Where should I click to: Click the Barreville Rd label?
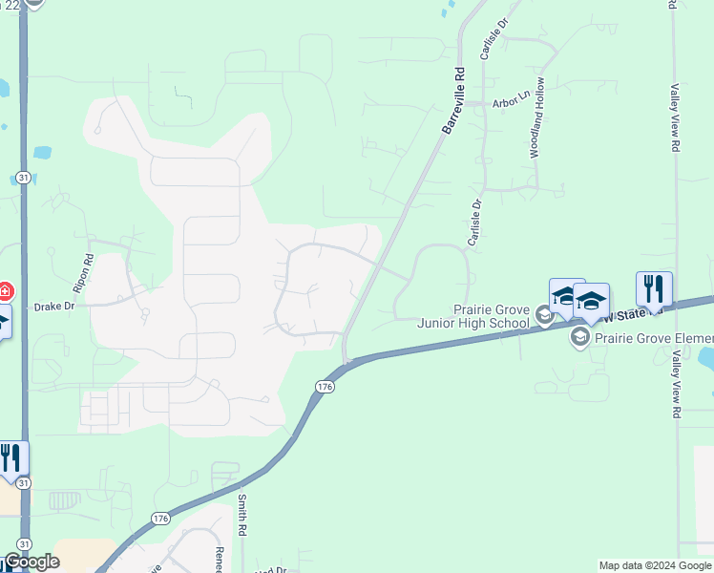tap(452, 99)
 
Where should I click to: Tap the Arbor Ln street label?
tap(511, 99)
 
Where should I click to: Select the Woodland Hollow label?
tap(537, 117)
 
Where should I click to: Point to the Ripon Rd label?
tap(83, 272)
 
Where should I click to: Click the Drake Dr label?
tap(54, 307)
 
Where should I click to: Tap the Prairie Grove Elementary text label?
tap(654, 337)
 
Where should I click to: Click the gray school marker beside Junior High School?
tap(544, 315)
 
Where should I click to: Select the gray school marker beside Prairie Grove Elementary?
tap(579, 336)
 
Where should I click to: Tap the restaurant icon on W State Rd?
tap(654, 288)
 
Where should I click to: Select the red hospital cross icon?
tap(4, 291)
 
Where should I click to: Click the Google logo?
tap(31, 562)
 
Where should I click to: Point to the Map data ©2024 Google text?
tap(655, 565)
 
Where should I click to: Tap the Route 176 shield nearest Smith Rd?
tap(160, 519)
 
